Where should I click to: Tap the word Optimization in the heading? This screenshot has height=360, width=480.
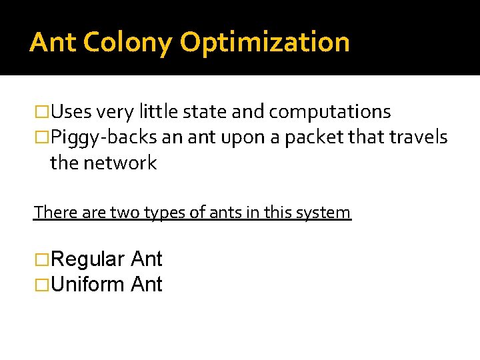265,42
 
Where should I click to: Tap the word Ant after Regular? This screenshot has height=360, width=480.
147,259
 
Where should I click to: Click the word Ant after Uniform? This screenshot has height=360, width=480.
147,285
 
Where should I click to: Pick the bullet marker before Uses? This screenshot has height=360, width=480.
41,111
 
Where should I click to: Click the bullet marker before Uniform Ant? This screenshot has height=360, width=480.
41,285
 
